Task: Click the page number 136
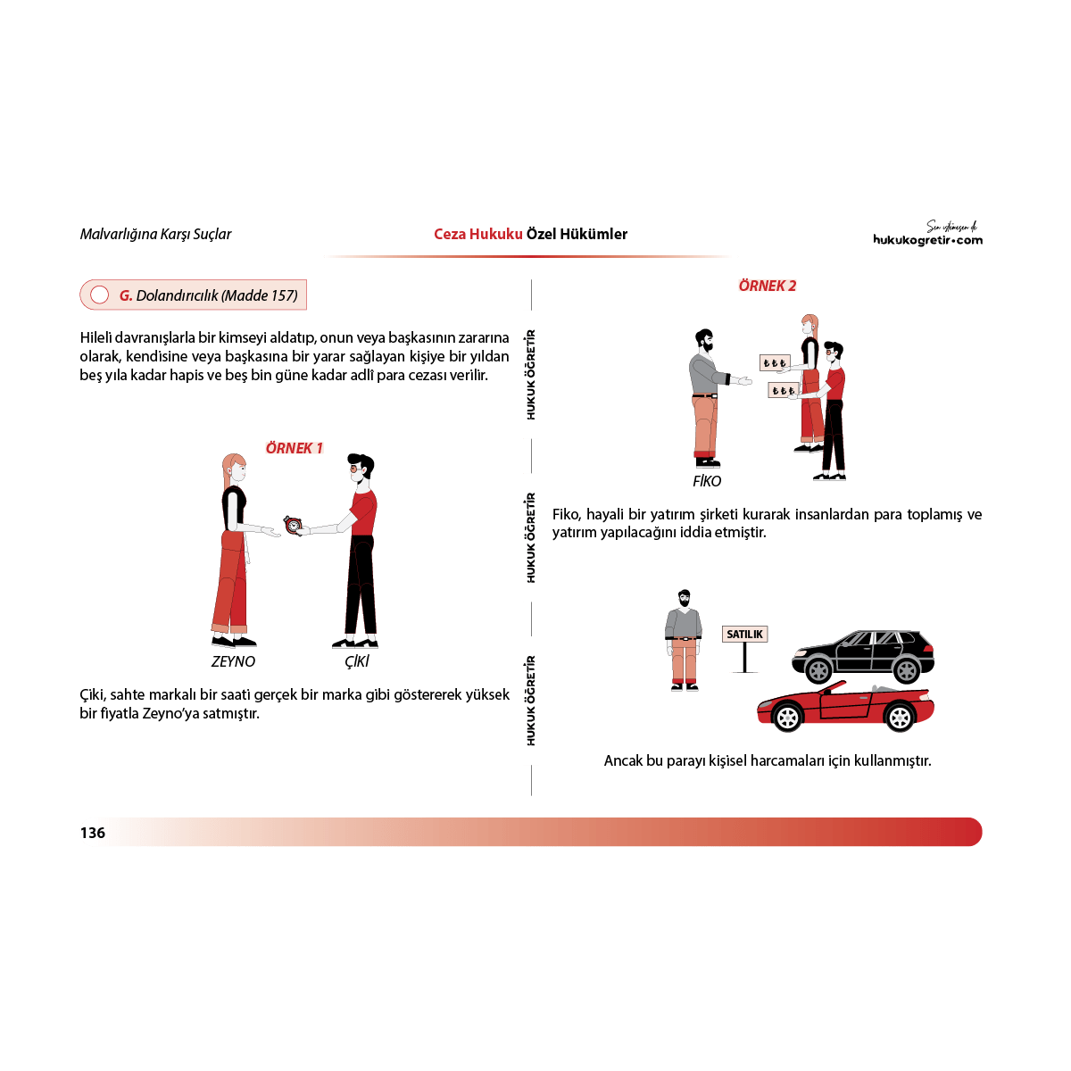point(92,832)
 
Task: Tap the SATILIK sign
point(744,635)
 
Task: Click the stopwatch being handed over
point(293,525)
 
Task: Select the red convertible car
point(845,706)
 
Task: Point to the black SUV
point(862,656)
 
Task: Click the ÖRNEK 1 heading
point(294,448)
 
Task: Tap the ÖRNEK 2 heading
point(767,286)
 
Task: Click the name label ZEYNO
point(233,661)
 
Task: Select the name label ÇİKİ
point(356,661)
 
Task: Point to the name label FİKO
point(706,481)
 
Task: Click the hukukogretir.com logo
point(927,234)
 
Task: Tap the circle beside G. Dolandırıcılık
point(99,295)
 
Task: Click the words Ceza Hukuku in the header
point(478,234)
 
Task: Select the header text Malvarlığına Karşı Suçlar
point(155,234)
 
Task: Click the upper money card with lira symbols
point(774,363)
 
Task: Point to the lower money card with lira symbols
point(783,391)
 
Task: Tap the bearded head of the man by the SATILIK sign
point(685,599)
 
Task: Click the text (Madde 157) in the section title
point(260,295)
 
